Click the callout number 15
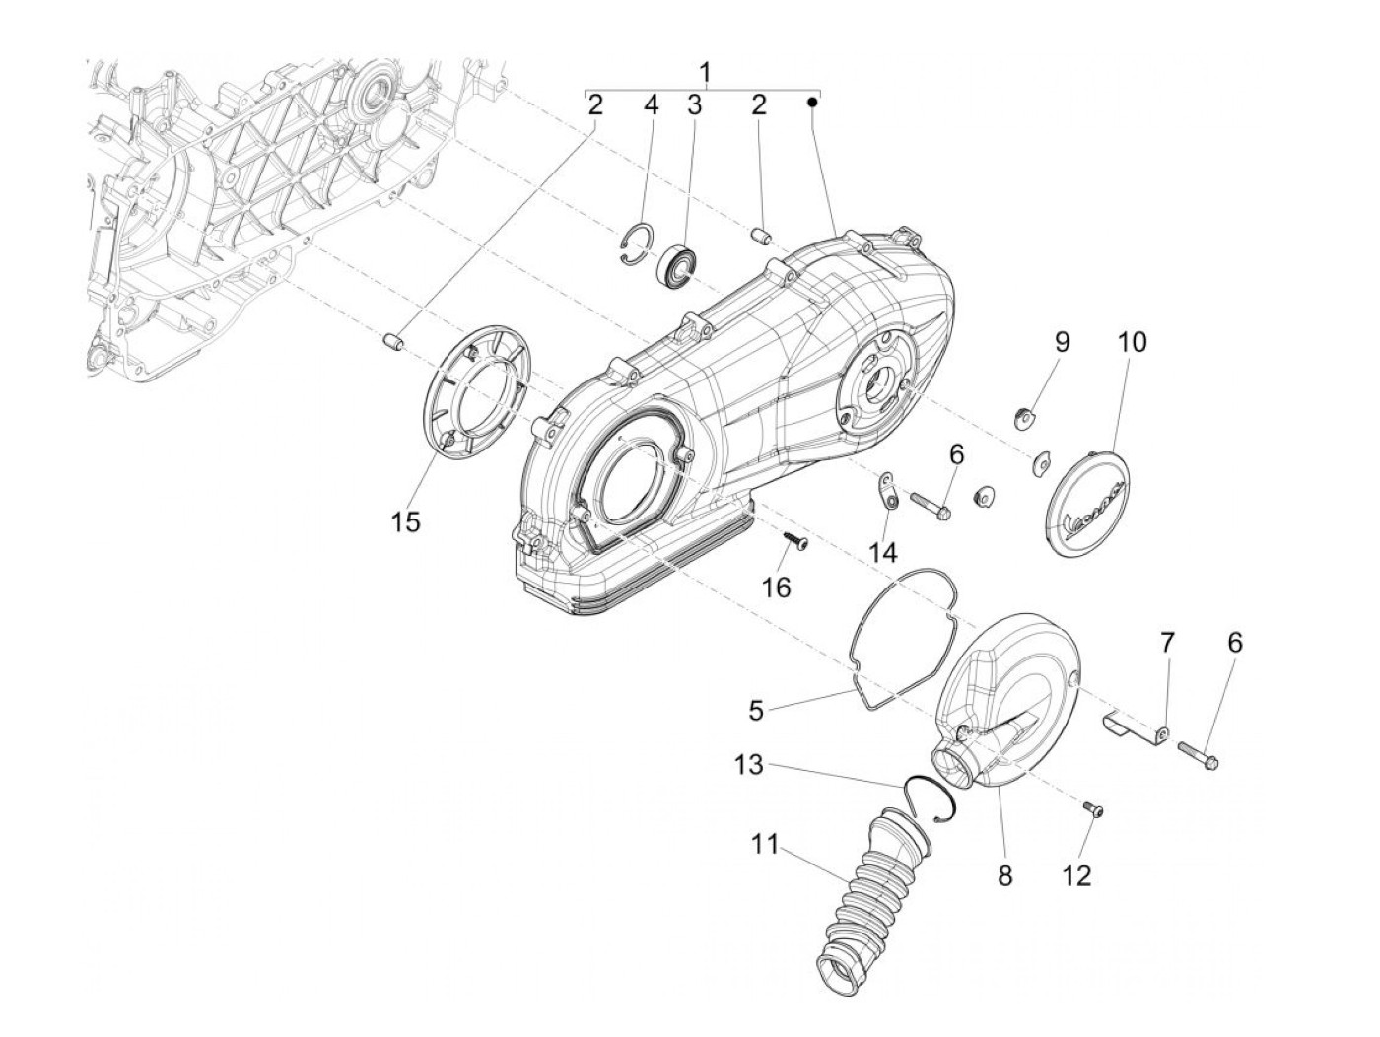405,521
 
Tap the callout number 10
1133,342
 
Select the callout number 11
764,845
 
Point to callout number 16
777,587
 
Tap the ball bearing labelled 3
679,263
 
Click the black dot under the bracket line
814,102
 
